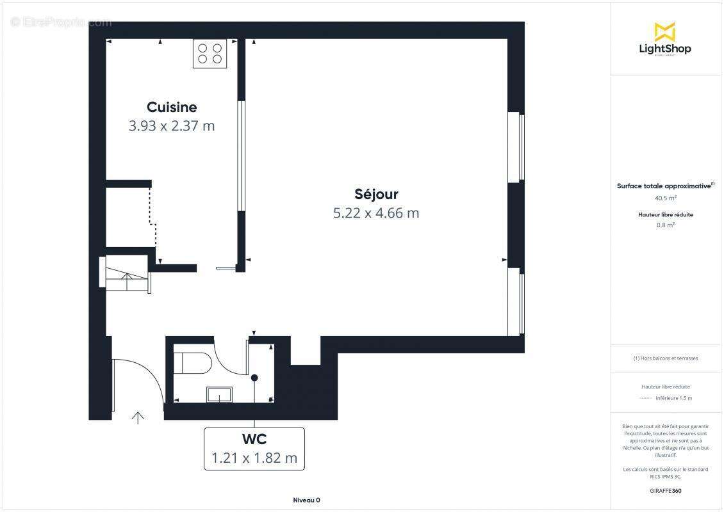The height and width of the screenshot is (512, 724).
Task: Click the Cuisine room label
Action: pyautogui.click(x=172, y=107)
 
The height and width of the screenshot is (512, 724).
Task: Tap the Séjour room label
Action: pyautogui.click(x=376, y=194)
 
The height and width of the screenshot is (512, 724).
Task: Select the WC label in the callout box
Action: pyautogui.click(x=254, y=440)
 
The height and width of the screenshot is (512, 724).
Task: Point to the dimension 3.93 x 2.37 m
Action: pyautogui.click(x=172, y=126)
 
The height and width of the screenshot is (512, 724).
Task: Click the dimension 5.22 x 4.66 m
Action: pyautogui.click(x=376, y=213)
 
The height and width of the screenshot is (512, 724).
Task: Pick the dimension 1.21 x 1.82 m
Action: pyautogui.click(x=254, y=458)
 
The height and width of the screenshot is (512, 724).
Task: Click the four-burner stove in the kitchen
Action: pyautogui.click(x=210, y=54)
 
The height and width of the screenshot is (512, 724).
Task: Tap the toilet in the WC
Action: pyautogui.click(x=192, y=362)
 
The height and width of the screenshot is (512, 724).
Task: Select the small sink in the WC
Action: pyautogui.click(x=219, y=394)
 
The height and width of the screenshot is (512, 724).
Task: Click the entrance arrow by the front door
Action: pyautogui.click(x=138, y=418)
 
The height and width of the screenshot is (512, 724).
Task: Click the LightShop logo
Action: pyautogui.click(x=665, y=40)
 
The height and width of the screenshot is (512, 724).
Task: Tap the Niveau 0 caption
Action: pyautogui.click(x=306, y=500)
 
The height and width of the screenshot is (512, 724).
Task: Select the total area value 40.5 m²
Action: pyautogui.click(x=665, y=198)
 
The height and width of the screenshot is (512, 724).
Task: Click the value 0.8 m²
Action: pyautogui.click(x=665, y=225)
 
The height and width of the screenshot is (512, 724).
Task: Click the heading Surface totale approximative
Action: pyautogui.click(x=664, y=186)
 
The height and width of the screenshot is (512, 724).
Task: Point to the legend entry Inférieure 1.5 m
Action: pyautogui.click(x=673, y=398)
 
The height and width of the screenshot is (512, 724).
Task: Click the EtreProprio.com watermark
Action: pyautogui.click(x=62, y=22)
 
